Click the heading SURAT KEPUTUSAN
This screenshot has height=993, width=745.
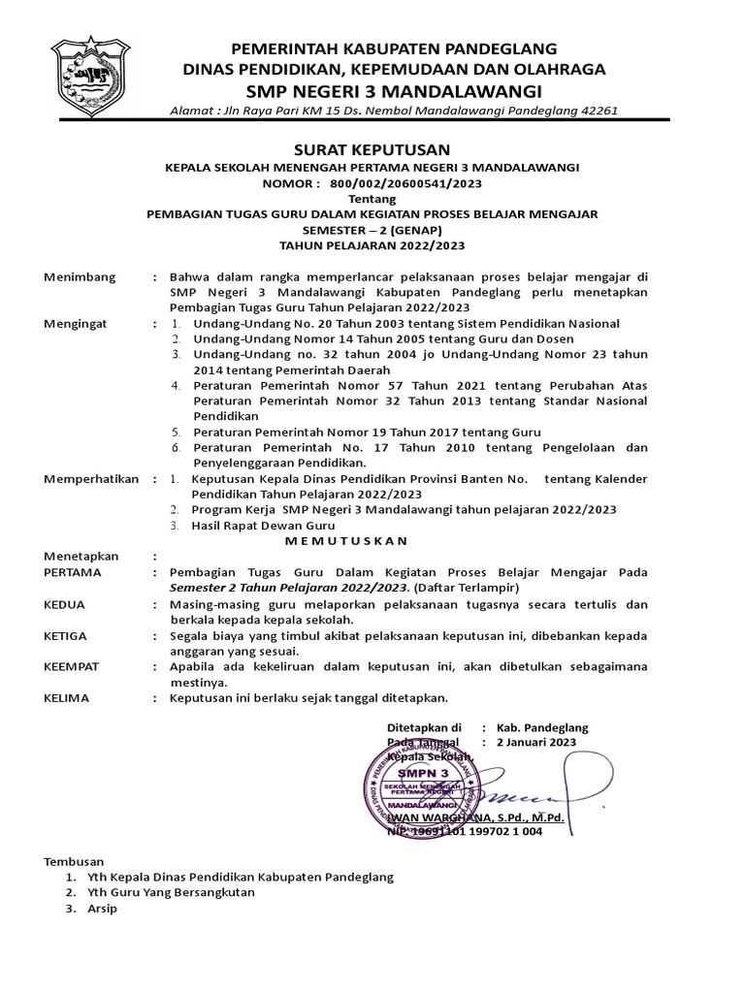click(372, 148)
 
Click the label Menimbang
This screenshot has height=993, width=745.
click(80, 276)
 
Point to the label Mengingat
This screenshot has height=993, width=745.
click(79, 323)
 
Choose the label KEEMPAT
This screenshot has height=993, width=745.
click(74, 667)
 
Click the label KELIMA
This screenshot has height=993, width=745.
click(67, 697)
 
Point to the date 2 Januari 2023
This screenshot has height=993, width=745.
click(535, 742)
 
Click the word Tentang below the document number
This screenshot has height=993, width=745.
click(372, 198)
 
